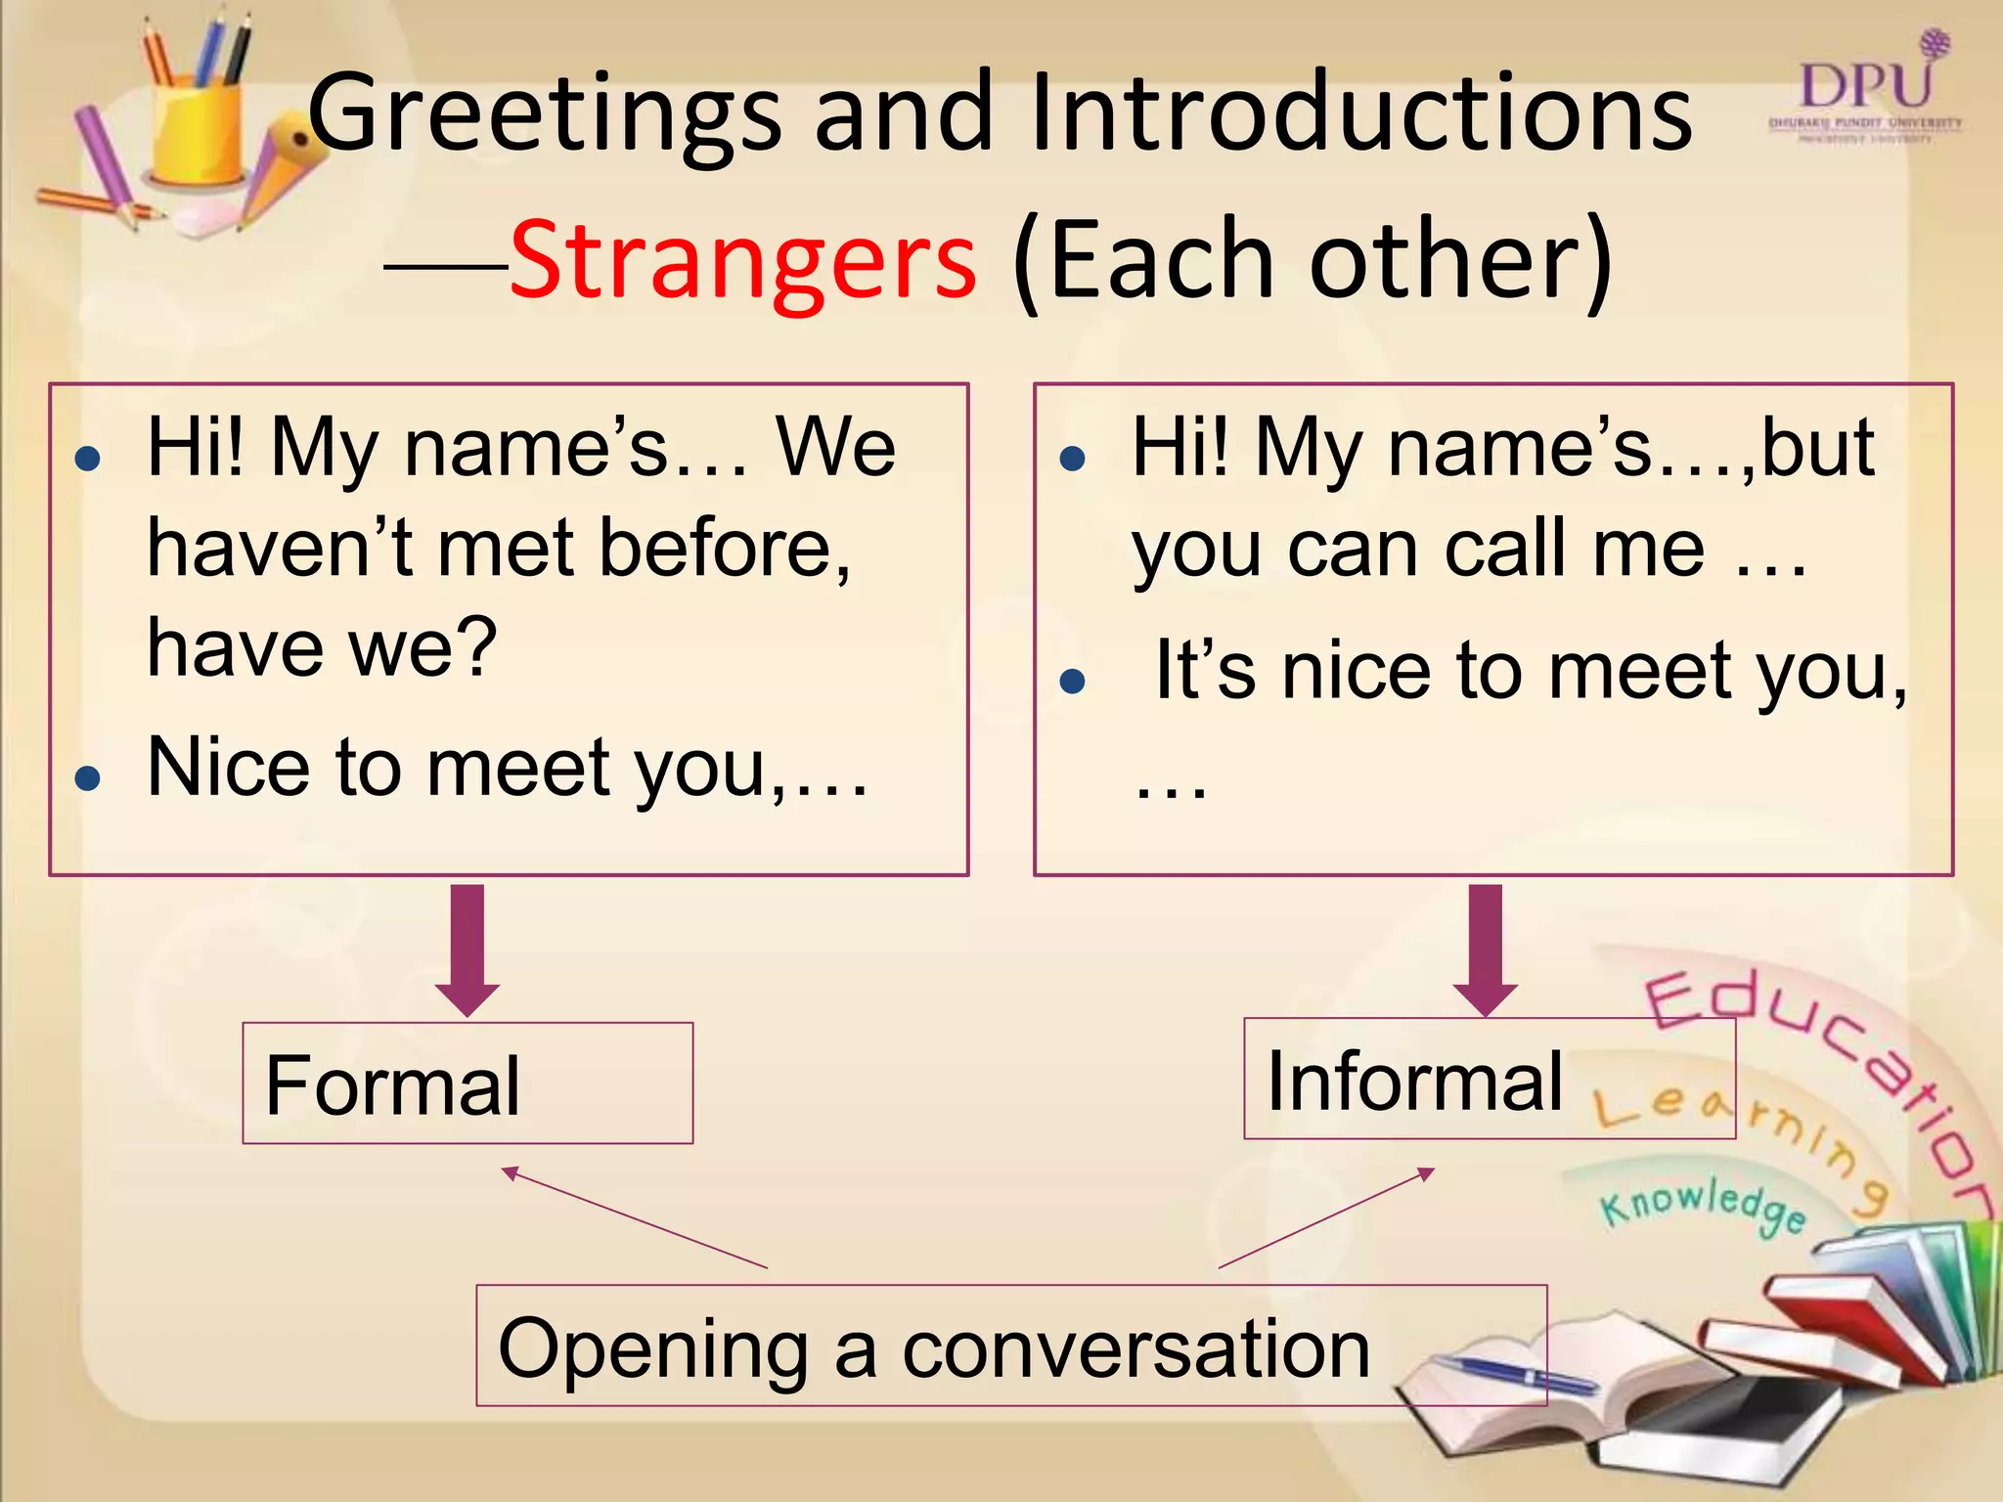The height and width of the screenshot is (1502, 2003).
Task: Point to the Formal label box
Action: click(x=467, y=1083)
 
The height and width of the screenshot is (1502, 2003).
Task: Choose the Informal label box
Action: click(x=1489, y=1079)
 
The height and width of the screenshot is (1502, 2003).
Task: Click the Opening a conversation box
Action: click(x=1010, y=1347)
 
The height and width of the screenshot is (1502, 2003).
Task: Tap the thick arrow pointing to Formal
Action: click(x=467, y=949)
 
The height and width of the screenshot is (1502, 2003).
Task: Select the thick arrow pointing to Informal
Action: click(x=1485, y=949)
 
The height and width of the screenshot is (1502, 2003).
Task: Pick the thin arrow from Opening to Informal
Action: click(x=1326, y=1217)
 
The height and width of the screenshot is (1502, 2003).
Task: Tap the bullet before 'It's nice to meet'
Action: click(x=1073, y=682)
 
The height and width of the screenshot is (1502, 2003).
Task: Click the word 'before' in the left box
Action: click(x=724, y=549)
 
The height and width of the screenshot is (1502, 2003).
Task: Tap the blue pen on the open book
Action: click(x=1511, y=1374)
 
